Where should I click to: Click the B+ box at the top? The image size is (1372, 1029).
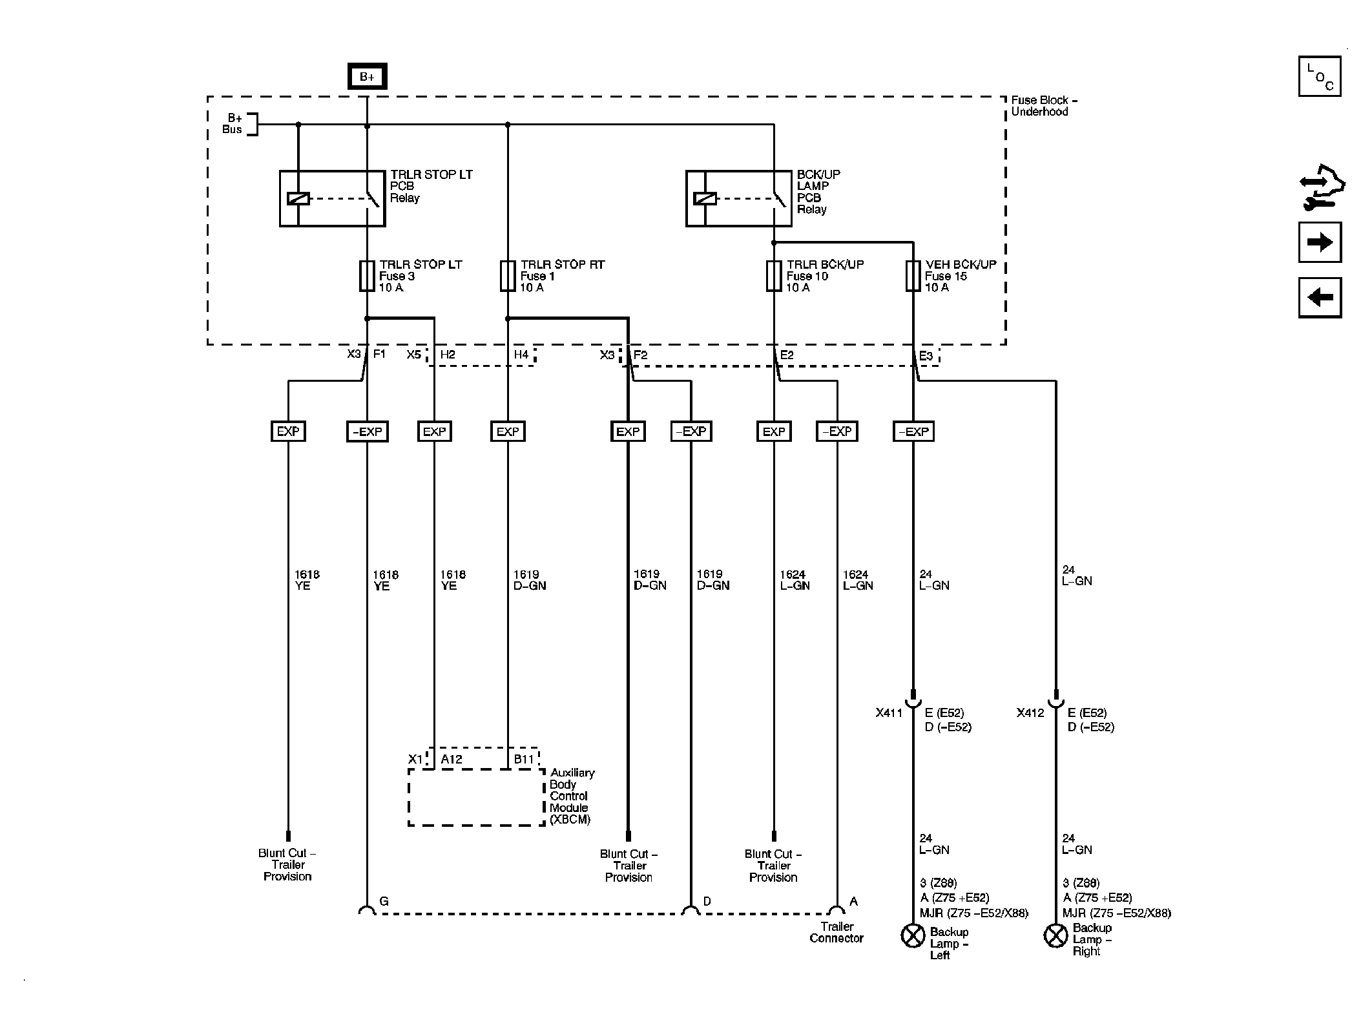coord(367,77)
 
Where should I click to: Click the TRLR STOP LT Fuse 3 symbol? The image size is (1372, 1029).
coord(367,276)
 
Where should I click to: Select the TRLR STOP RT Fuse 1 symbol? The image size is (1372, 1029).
coord(508,276)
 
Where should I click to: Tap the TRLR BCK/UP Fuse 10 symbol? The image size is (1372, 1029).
coord(774,276)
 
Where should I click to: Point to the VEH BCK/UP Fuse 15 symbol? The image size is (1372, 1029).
coord(913,276)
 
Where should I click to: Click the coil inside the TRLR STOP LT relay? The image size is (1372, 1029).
coord(298,199)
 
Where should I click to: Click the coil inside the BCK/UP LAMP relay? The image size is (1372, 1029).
coord(705,199)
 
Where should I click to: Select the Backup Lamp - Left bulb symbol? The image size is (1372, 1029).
coord(913,935)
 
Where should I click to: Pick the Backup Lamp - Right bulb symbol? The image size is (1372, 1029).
coord(1055,935)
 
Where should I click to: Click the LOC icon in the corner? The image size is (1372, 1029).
coord(1320,77)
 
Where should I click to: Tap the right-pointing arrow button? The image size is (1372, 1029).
coord(1320,242)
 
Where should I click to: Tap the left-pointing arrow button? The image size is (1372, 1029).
coord(1320,298)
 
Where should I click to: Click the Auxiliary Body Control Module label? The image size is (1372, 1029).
coord(571,796)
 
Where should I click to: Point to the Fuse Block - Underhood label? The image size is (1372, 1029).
coord(1043,106)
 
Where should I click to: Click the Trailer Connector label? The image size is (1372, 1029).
coord(837,932)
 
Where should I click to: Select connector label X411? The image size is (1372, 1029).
coord(889,713)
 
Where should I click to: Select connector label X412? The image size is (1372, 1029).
coord(1030,713)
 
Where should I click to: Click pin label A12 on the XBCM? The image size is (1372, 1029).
coord(452,760)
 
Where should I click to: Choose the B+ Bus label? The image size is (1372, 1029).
coord(233,124)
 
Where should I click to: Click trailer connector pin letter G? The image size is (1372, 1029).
coord(384,901)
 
